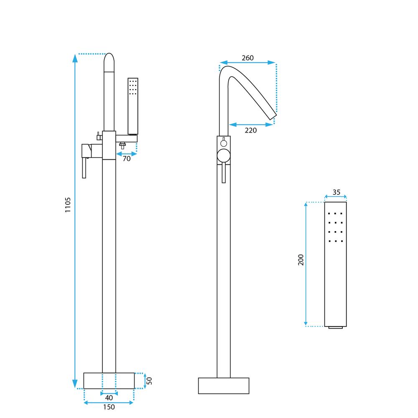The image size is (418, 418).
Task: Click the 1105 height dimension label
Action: (x=68, y=205)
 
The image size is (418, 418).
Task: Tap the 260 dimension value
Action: (x=247, y=58)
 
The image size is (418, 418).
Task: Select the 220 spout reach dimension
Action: (x=250, y=130)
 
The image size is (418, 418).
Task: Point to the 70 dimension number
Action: (x=127, y=159)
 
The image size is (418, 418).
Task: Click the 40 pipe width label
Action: (x=109, y=398)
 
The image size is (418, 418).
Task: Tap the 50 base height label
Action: (x=149, y=381)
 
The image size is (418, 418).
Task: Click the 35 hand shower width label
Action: (x=336, y=193)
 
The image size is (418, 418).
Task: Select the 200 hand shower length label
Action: (x=301, y=260)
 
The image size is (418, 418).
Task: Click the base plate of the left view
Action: (x=109, y=380)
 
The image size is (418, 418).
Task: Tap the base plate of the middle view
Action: (x=223, y=385)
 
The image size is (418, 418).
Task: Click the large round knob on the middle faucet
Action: (x=224, y=156)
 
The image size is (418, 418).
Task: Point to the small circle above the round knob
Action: (x=224, y=143)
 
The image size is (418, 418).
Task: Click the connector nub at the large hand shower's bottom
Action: (x=335, y=327)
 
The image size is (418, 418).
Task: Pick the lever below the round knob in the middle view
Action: (x=224, y=173)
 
